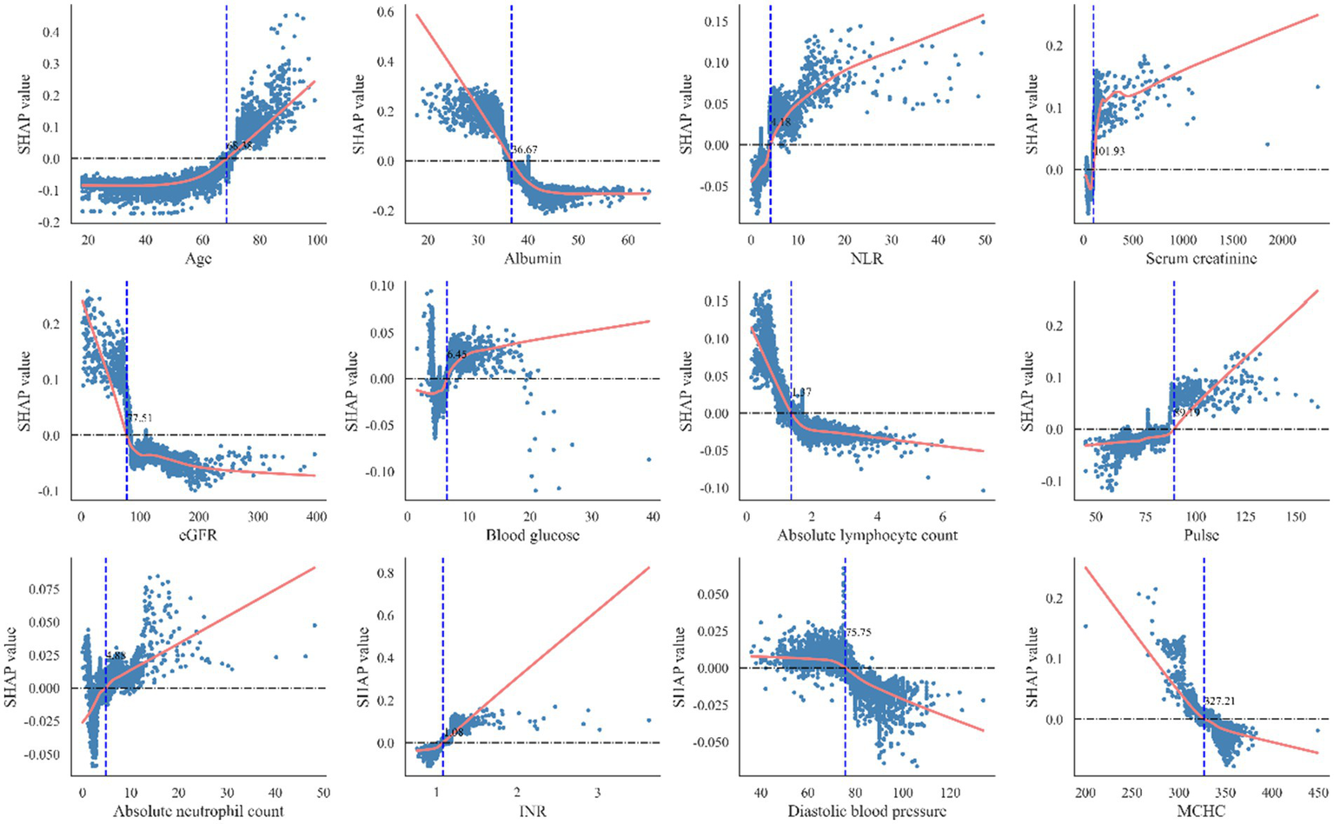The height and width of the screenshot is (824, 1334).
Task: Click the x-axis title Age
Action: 198,259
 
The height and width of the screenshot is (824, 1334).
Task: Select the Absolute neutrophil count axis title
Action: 198,812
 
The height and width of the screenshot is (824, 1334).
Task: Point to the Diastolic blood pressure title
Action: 867,812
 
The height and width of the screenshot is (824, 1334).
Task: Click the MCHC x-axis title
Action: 1202,812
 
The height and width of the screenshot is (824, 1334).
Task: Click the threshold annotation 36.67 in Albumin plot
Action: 525,150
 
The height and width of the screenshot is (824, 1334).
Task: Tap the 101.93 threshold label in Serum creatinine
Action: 1109,151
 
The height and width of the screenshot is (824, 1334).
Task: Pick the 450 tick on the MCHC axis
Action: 1317,793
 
